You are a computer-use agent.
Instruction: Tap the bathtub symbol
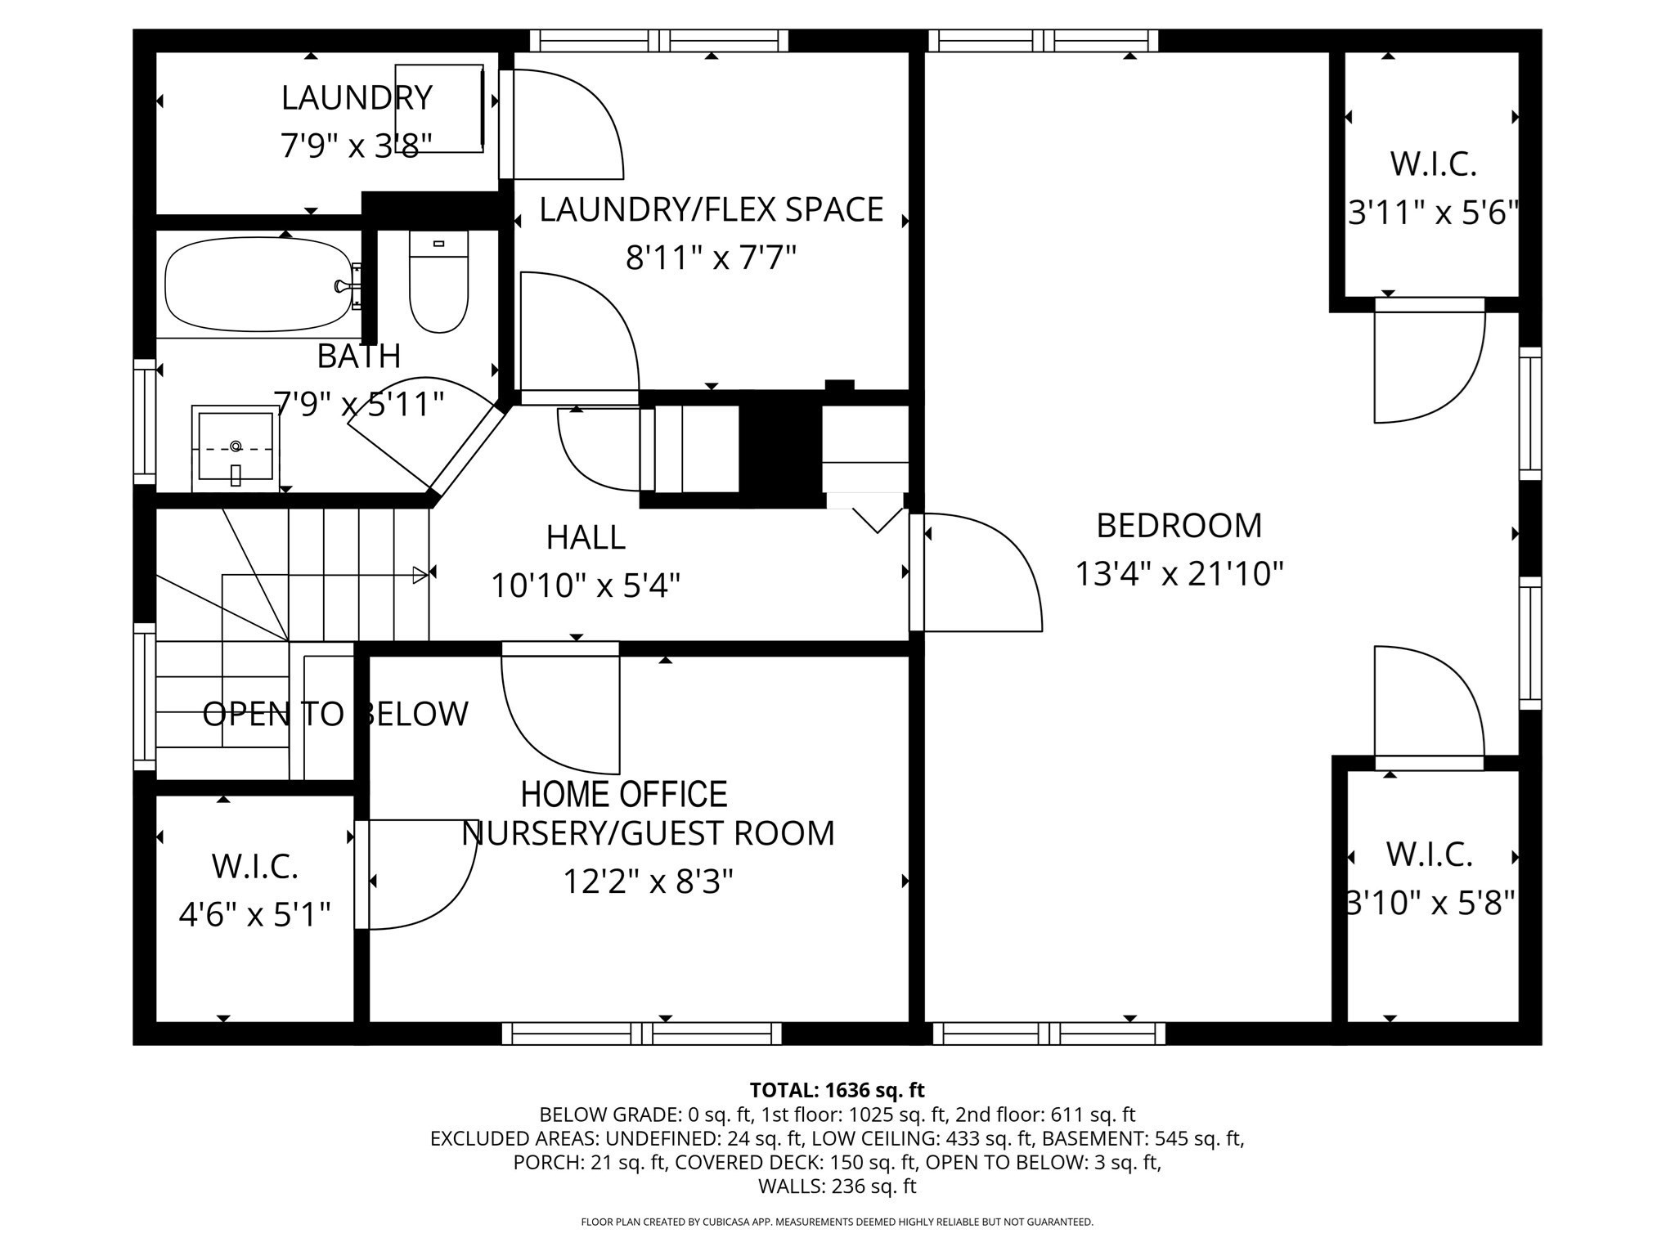point(258,285)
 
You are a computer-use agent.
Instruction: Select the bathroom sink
point(236,448)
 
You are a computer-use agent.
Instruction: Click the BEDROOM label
point(1179,526)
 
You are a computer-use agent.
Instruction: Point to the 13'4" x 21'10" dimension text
point(1179,574)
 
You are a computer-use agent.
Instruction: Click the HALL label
point(586,538)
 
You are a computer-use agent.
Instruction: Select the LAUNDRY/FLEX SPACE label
point(711,210)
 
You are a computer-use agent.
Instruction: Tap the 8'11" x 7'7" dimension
point(711,259)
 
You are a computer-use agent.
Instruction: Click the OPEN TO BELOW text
point(335,714)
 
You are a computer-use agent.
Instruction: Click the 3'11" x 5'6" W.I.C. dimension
point(1433,214)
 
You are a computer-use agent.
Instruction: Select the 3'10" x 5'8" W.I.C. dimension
point(1431,904)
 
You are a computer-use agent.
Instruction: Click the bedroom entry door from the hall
point(977,572)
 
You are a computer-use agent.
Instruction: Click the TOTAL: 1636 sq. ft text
point(837,1090)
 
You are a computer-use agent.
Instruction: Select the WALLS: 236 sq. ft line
point(837,1186)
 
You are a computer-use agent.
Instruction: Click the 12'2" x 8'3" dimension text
point(648,882)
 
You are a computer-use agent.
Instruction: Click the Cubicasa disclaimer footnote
point(837,1222)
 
